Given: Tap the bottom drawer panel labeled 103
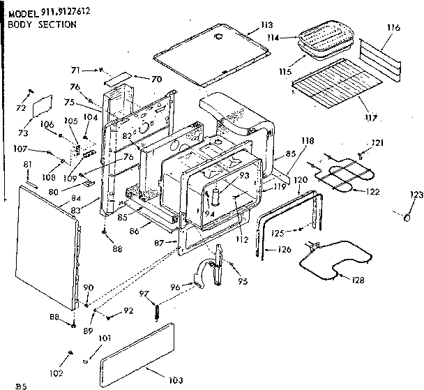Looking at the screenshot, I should (146, 354).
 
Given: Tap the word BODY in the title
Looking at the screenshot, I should (20, 23).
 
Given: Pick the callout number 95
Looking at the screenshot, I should (242, 282).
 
